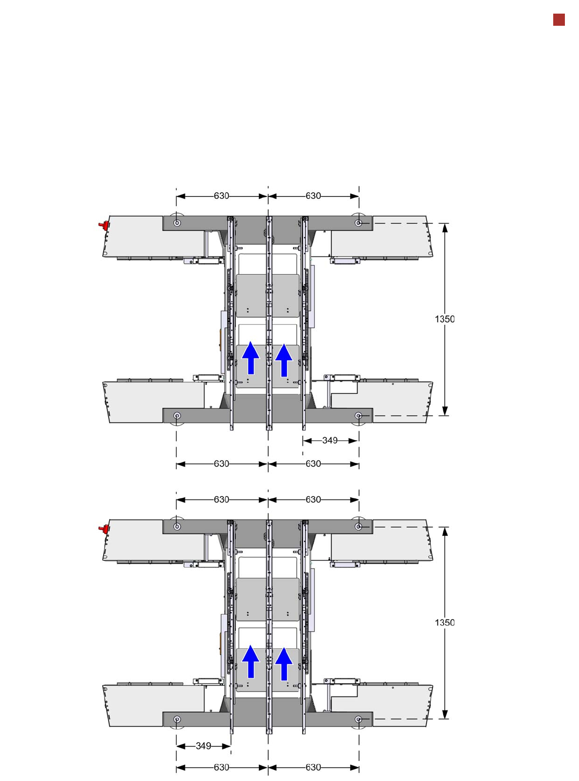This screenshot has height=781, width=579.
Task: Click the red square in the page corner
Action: [559, 20]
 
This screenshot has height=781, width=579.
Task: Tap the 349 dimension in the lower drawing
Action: [203, 746]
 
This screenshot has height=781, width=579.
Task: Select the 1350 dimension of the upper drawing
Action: [444, 319]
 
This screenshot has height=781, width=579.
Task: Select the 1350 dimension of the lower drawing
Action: [444, 622]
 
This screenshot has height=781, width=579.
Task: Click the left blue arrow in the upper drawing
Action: [251, 357]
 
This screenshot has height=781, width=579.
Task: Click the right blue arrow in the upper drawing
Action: [284, 360]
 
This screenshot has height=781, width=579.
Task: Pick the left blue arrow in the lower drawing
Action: [251, 661]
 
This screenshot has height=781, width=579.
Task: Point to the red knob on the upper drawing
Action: [104, 226]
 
